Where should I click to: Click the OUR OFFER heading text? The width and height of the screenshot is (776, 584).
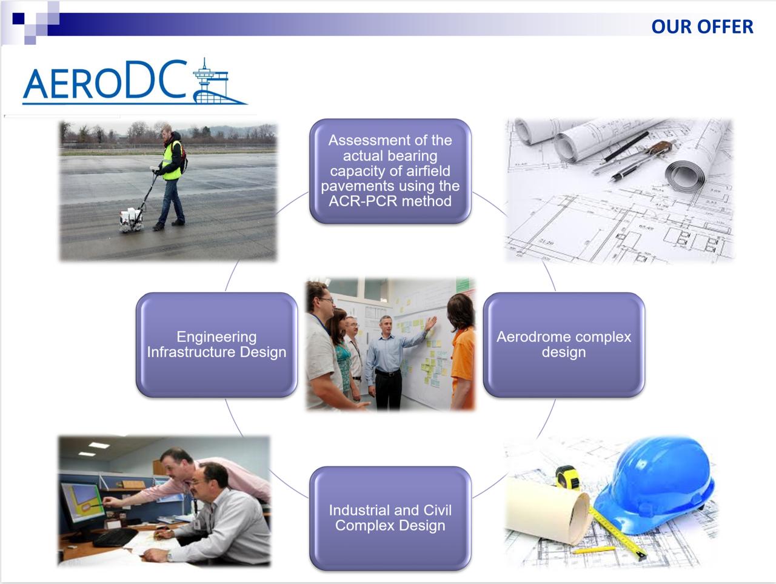pos(702,27)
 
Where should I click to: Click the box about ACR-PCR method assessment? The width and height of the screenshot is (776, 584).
pos(390,171)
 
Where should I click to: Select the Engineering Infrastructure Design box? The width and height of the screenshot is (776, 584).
pos(216,344)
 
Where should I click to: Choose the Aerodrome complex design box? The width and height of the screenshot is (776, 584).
pos(564,344)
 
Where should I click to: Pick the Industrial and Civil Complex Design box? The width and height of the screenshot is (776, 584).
pos(390,519)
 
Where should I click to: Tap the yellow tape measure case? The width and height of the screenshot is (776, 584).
pos(568,478)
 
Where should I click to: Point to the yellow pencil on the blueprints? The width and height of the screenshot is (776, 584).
pos(594,549)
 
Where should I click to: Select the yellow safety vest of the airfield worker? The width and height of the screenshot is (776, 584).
pos(172,161)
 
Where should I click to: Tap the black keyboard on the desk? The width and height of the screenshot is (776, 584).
pos(115,537)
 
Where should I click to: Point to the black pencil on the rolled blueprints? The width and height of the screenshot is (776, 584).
pos(626,146)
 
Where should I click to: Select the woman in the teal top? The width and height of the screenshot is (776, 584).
pos(340,354)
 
